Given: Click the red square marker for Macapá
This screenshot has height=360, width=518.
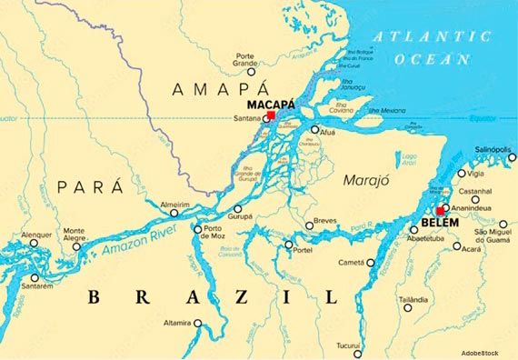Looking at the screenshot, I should (x=271, y=115).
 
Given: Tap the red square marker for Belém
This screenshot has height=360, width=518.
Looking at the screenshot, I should (x=440, y=210).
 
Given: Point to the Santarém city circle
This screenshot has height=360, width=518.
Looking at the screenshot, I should (x=35, y=277).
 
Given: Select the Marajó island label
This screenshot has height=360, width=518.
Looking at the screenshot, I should (x=365, y=180).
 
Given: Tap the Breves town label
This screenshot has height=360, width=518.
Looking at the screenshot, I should (x=324, y=221).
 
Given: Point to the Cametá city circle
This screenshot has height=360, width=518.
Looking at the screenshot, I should (x=371, y=263).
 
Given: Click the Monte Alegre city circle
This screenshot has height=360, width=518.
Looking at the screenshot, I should (x=76, y=246).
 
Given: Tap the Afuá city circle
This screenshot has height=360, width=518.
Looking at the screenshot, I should (x=314, y=129).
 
